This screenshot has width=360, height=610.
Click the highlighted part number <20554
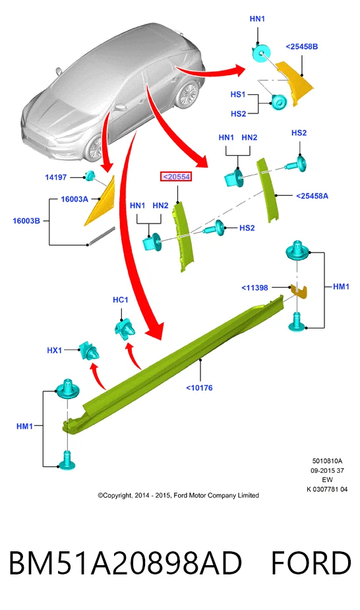pyautogui.click(x=176, y=177)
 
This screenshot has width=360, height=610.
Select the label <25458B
pyautogui.click(x=302, y=46)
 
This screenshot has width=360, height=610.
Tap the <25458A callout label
pyautogui.click(x=312, y=196)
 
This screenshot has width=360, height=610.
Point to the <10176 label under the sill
pyautogui.click(x=199, y=388)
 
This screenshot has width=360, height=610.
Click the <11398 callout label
pyautogui.click(x=255, y=288)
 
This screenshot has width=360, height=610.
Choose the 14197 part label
pyautogui.click(x=55, y=177)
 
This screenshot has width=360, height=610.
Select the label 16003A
pyautogui.click(x=75, y=198)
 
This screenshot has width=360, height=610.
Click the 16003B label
pyautogui.click(x=26, y=220)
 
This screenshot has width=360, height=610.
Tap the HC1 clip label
pyautogui.click(x=120, y=299)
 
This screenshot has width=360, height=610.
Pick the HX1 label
pyautogui.click(x=55, y=350)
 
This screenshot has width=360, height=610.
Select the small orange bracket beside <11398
pyautogui.click(x=299, y=291)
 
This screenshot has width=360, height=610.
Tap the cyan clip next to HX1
pyautogui.click(x=89, y=351)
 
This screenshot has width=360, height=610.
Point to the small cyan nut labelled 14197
pyautogui.click(x=90, y=176)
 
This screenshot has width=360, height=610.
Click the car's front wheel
pyautogui.click(x=94, y=149)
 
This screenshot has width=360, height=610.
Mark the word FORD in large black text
pyautogui.click(x=311, y=563)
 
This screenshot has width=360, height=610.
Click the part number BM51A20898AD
pyautogui.click(x=125, y=563)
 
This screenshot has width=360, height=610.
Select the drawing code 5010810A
pyautogui.click(x=327, y=461)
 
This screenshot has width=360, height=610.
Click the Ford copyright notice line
pyautogui.click(x=178, y=495)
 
